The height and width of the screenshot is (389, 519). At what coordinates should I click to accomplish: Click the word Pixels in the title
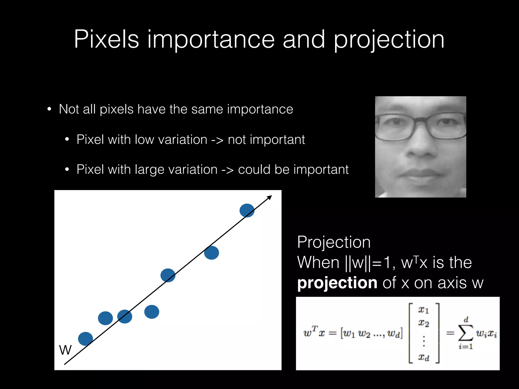[106, 39]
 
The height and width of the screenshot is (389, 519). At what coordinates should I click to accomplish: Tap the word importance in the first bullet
[260, 109]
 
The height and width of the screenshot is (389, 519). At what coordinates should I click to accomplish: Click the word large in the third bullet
[150, 170]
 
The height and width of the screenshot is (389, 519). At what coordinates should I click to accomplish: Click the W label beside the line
[65, 350]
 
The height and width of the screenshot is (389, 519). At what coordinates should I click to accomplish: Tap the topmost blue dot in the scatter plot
[247, 210]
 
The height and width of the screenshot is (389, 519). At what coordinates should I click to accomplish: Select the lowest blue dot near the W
[85, 339]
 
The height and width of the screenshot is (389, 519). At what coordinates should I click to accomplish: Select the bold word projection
[337, 283]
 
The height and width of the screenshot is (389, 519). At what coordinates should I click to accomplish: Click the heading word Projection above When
[334, 242]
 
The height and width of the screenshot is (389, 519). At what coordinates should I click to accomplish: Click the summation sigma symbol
[466, 333]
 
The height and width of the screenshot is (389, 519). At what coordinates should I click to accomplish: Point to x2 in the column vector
[423, 323]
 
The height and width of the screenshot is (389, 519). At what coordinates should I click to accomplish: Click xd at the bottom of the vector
[423, 357]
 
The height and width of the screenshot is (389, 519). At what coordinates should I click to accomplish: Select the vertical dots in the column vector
[424, 341]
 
